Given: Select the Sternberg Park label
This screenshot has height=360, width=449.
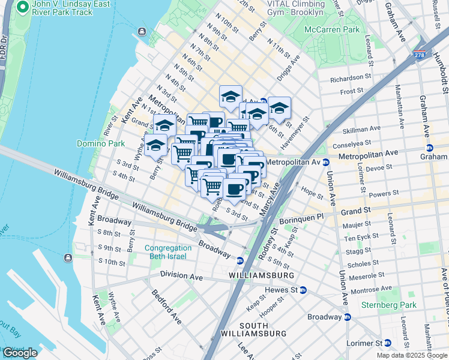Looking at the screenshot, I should pyautogui.click(x=388, y=305).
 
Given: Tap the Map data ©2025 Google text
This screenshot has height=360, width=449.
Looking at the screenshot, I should pyautogui.click(x=411, y=355).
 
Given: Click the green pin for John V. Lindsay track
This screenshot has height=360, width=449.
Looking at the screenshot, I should pyautogui.click(x=23, y=8).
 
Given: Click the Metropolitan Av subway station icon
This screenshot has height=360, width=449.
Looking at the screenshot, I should pyautogui.click(x=325, y=162).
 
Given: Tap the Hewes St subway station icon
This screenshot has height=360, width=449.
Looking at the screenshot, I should pyautogui.click(x=303, y=290).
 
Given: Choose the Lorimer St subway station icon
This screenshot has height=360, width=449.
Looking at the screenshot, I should pyautogui.click(x=387, y=343).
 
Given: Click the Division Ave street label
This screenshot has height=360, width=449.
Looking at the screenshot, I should pyautogui.click(x=182, y=275).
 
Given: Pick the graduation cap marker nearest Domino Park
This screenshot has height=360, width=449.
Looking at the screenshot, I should pyautogui.click(x=155, y=145).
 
